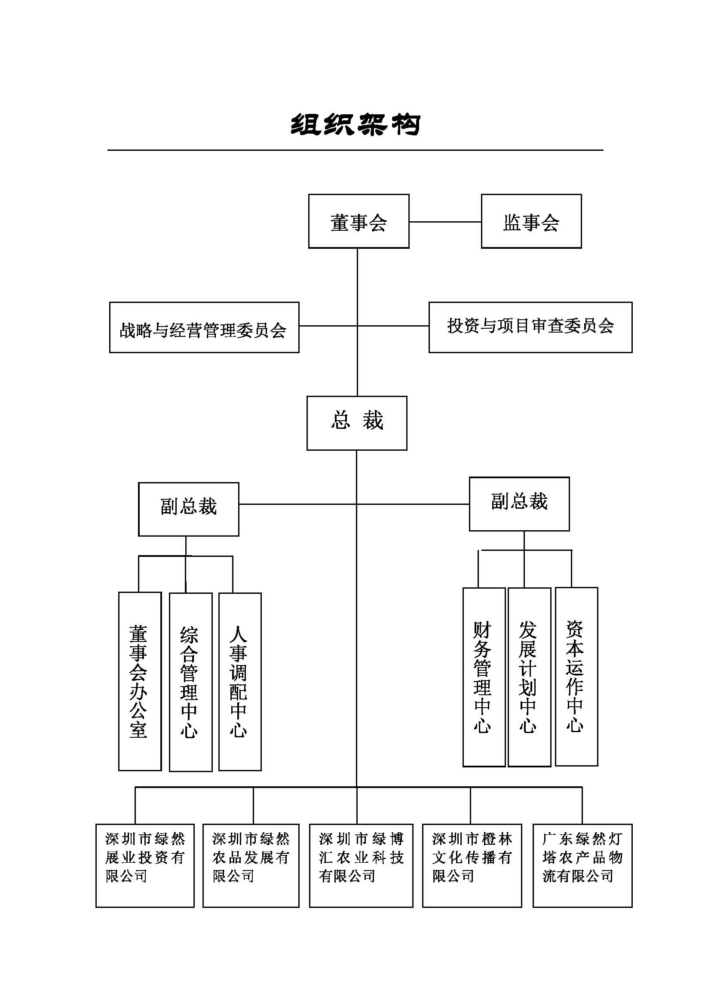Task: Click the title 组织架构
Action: click(x=355, y=125)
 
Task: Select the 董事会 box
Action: click(x=359, y=221)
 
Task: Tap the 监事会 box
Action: click(x=531, y=221)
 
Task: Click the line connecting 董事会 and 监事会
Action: click(x=445, y=222)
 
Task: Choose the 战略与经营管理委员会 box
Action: click(x=204, y=327)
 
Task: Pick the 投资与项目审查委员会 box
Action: click(x=530, y=327)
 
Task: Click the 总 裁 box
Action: click(x=357, y=423)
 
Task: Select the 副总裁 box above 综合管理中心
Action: click(x=189, y=509)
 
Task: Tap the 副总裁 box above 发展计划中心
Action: click(x=519, y=504)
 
